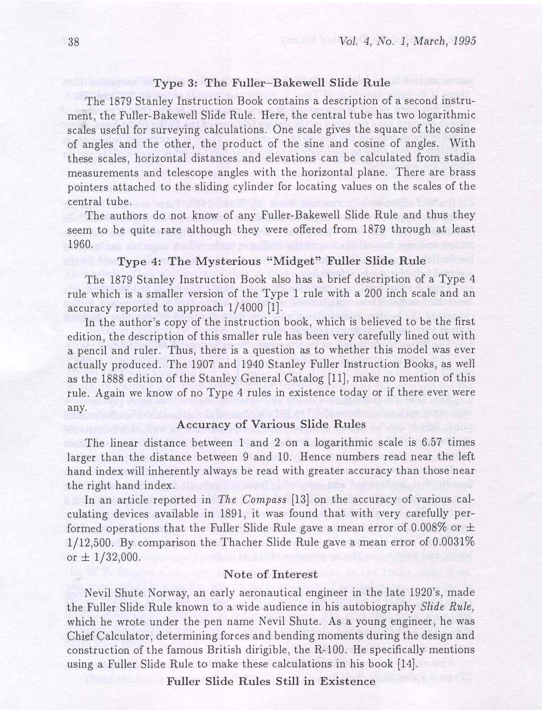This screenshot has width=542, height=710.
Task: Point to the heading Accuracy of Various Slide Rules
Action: [271, 424]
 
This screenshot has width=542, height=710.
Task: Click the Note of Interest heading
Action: [271, 574]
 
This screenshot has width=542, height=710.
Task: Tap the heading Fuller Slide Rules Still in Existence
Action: [271, 681]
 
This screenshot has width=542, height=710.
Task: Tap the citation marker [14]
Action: [407, 664]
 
